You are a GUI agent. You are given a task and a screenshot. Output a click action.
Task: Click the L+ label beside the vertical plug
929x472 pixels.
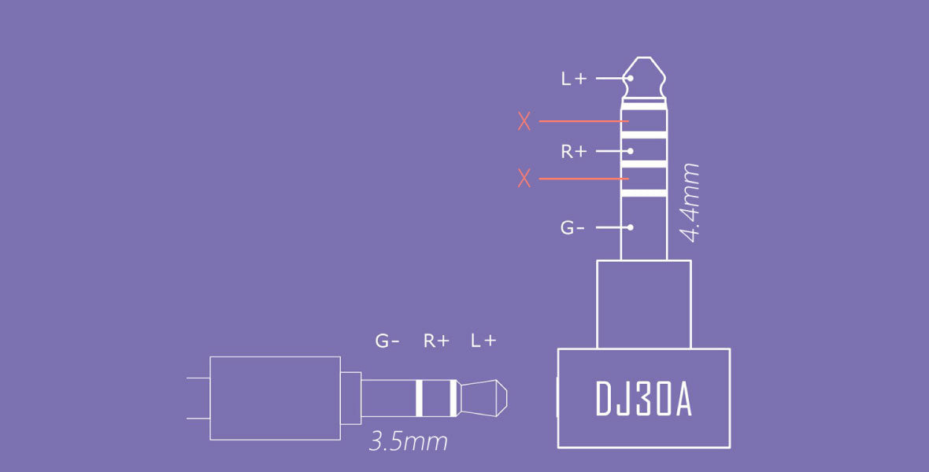tap(573, 79)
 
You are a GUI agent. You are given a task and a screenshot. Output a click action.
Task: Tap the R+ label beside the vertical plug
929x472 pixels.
tap(573, 151)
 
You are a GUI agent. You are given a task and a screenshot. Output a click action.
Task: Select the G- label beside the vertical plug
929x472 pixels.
tap(572, 228)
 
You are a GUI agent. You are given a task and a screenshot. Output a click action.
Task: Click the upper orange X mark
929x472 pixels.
tap(524, 121)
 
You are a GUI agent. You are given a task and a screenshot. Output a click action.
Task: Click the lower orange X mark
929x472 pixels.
tap(524, 179)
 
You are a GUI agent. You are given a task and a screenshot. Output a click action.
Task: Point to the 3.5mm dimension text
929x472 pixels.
tap(408, 441)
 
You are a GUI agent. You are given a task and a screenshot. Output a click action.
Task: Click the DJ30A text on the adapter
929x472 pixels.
tap(643, 400)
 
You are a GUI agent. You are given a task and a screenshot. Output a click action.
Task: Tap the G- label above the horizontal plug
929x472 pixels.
tap(387, 341)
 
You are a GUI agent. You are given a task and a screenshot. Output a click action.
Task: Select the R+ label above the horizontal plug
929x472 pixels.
tap(436, 341)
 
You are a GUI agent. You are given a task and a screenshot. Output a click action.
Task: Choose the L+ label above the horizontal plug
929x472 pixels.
tap(483, 341)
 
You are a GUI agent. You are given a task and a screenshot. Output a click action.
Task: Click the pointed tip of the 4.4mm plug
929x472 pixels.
tap(644, 63)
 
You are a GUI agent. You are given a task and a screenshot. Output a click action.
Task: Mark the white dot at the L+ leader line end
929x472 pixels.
tap(631, 79)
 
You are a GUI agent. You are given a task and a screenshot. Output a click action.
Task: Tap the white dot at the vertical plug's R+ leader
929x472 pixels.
tap(631, 150)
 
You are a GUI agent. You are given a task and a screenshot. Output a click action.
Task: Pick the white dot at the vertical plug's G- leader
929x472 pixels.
tap(631, 227)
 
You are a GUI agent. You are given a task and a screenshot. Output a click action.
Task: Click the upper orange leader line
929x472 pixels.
tap(583, 121)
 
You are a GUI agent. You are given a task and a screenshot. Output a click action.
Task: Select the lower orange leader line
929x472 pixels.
tap(583, 179)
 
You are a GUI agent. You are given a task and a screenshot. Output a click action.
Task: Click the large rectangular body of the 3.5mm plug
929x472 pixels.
tap(274, 398)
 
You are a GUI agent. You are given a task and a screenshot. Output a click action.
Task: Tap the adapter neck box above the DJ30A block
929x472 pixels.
tap(643, 304)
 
